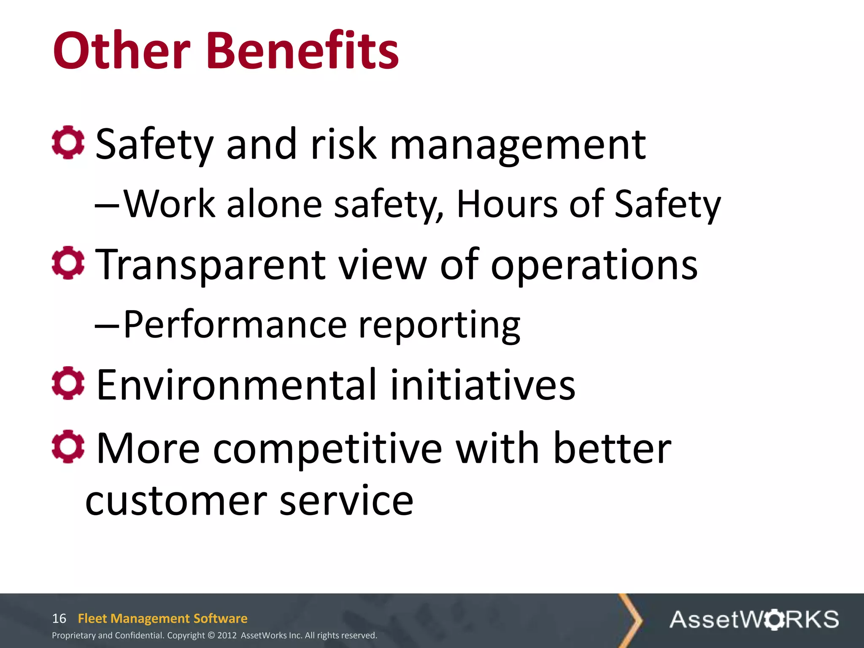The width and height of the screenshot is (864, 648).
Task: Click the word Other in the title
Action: pos(122,51)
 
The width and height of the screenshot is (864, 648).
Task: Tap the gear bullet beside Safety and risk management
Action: pos(68,143)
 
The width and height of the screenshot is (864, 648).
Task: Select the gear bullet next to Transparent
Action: pos(68,263)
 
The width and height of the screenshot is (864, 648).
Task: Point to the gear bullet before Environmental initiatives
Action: pos(68,383)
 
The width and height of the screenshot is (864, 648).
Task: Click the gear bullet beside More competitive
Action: pos(68,446)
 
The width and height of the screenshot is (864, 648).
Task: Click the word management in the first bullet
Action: pos(518,146)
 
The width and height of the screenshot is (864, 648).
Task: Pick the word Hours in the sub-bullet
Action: pos(507,205)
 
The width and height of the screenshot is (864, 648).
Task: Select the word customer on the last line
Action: pos(176,501)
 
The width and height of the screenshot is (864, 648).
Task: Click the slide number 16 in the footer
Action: pos(59,618)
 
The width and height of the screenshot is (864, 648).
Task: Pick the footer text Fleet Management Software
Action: pos(162,618)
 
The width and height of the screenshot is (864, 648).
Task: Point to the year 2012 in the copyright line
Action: pos(227,635)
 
